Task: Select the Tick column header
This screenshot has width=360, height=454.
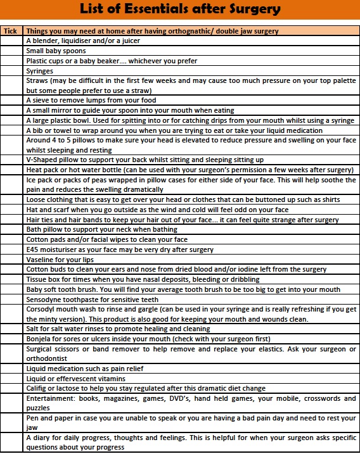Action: tap(11, 30)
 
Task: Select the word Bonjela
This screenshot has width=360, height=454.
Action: tap(39, 339)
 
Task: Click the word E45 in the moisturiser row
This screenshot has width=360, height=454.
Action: tap(33, 249)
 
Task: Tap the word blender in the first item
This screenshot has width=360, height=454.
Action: tap(44, 41)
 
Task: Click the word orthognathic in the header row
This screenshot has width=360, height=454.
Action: tap(183, 30)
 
